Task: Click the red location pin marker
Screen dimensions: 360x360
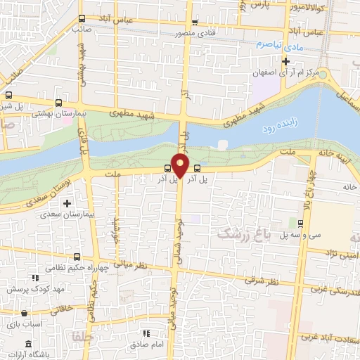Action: [181, 166]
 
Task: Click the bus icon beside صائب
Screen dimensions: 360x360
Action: [83, 19]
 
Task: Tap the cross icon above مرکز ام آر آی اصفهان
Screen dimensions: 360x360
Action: [285, 61]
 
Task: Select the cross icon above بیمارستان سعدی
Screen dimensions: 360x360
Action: [67, 204]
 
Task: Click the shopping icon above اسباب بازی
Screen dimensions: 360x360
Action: [26, 314]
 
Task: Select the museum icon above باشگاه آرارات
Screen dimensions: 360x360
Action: [27, 344]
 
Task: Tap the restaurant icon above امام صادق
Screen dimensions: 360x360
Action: [146, 333]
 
